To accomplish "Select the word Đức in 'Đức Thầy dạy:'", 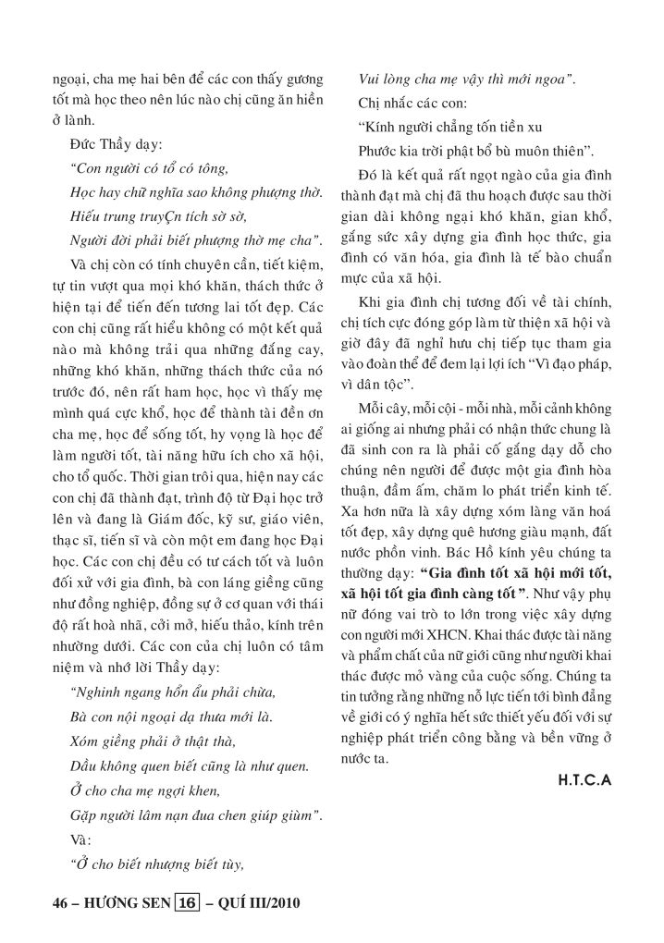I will (x=81, y=146).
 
